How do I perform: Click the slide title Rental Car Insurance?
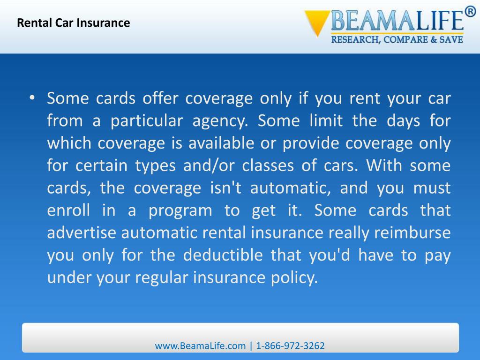coord(74,22)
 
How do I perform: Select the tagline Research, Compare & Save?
coord(397,40)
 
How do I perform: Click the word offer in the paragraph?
coord(161,98)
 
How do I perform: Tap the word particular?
coord(146,121)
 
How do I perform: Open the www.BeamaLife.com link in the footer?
coord(200,346)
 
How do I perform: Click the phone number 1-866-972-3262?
coord(291,346)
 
